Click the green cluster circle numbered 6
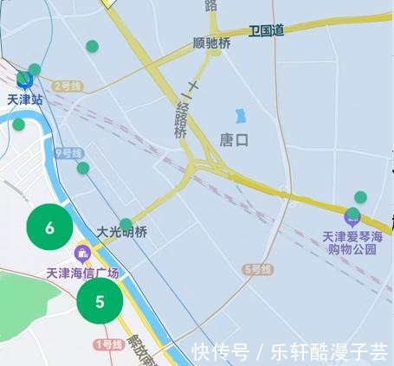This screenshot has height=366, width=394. point(49,228)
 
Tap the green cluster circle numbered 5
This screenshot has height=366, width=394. point(100,301)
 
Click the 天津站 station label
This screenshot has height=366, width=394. point(24,99)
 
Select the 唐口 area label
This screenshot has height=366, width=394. point(234,138)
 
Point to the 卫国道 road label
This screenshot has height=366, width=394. point(266,30)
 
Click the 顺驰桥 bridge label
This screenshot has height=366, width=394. point(212,42)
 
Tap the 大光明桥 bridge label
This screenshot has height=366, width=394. point(121,232)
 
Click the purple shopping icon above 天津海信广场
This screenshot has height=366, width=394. point(82,254)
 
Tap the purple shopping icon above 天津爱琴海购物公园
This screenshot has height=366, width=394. point(352,215)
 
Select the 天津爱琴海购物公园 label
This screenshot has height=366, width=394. point(351,242)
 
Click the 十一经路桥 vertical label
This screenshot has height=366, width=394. point(181,109)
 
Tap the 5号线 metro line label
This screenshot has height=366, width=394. point(257,270)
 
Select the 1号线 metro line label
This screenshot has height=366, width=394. point(107,344)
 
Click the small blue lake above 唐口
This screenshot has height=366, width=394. point(240,115)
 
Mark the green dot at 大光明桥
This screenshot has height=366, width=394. point(126,224)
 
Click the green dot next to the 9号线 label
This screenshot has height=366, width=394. point(83,168)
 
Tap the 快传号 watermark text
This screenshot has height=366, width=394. point(221,352)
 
